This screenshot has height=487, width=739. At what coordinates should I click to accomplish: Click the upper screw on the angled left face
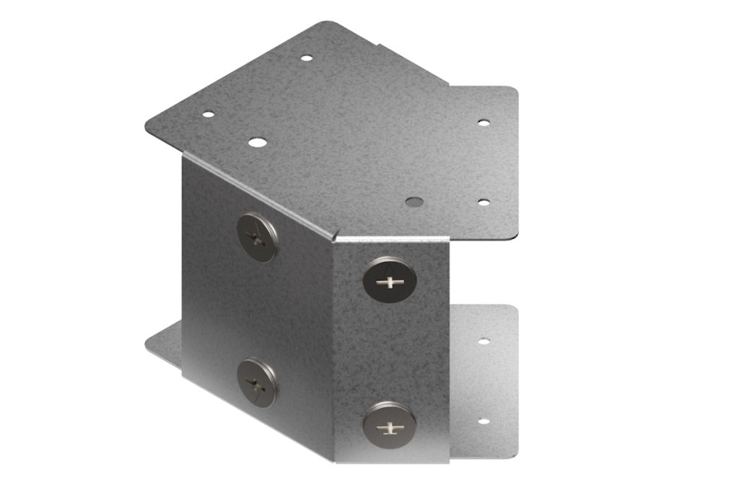pyautogui.click(x=256, y=237)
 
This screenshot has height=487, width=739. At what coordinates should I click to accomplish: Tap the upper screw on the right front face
pyautogui.click(x=390, y=280)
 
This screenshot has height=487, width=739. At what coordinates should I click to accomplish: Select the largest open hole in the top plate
pyautogui.click(x=255, y=142)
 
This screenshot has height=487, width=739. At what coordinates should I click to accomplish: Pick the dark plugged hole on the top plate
pyautogui.click(x=414, y=201)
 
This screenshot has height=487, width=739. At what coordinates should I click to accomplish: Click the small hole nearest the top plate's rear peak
pyautogui.click(x=307, y=58)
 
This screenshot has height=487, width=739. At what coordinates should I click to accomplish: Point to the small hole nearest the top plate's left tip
pyautogui.click(x=208, y=114)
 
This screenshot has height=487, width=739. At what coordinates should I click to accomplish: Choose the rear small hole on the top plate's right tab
pyautogui.click(x=484, y=123)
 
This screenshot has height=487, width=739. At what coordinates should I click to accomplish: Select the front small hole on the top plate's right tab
pyautogui.click(x=484, y=202)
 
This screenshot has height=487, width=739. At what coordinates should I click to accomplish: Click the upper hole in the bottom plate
pyautogui.click(x=484, y=341)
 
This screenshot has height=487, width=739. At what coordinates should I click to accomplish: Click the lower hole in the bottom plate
pyautogui.click(x=483, y=421)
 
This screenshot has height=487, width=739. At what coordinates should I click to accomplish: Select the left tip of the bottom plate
pyautogui.click(x=149, y=346)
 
